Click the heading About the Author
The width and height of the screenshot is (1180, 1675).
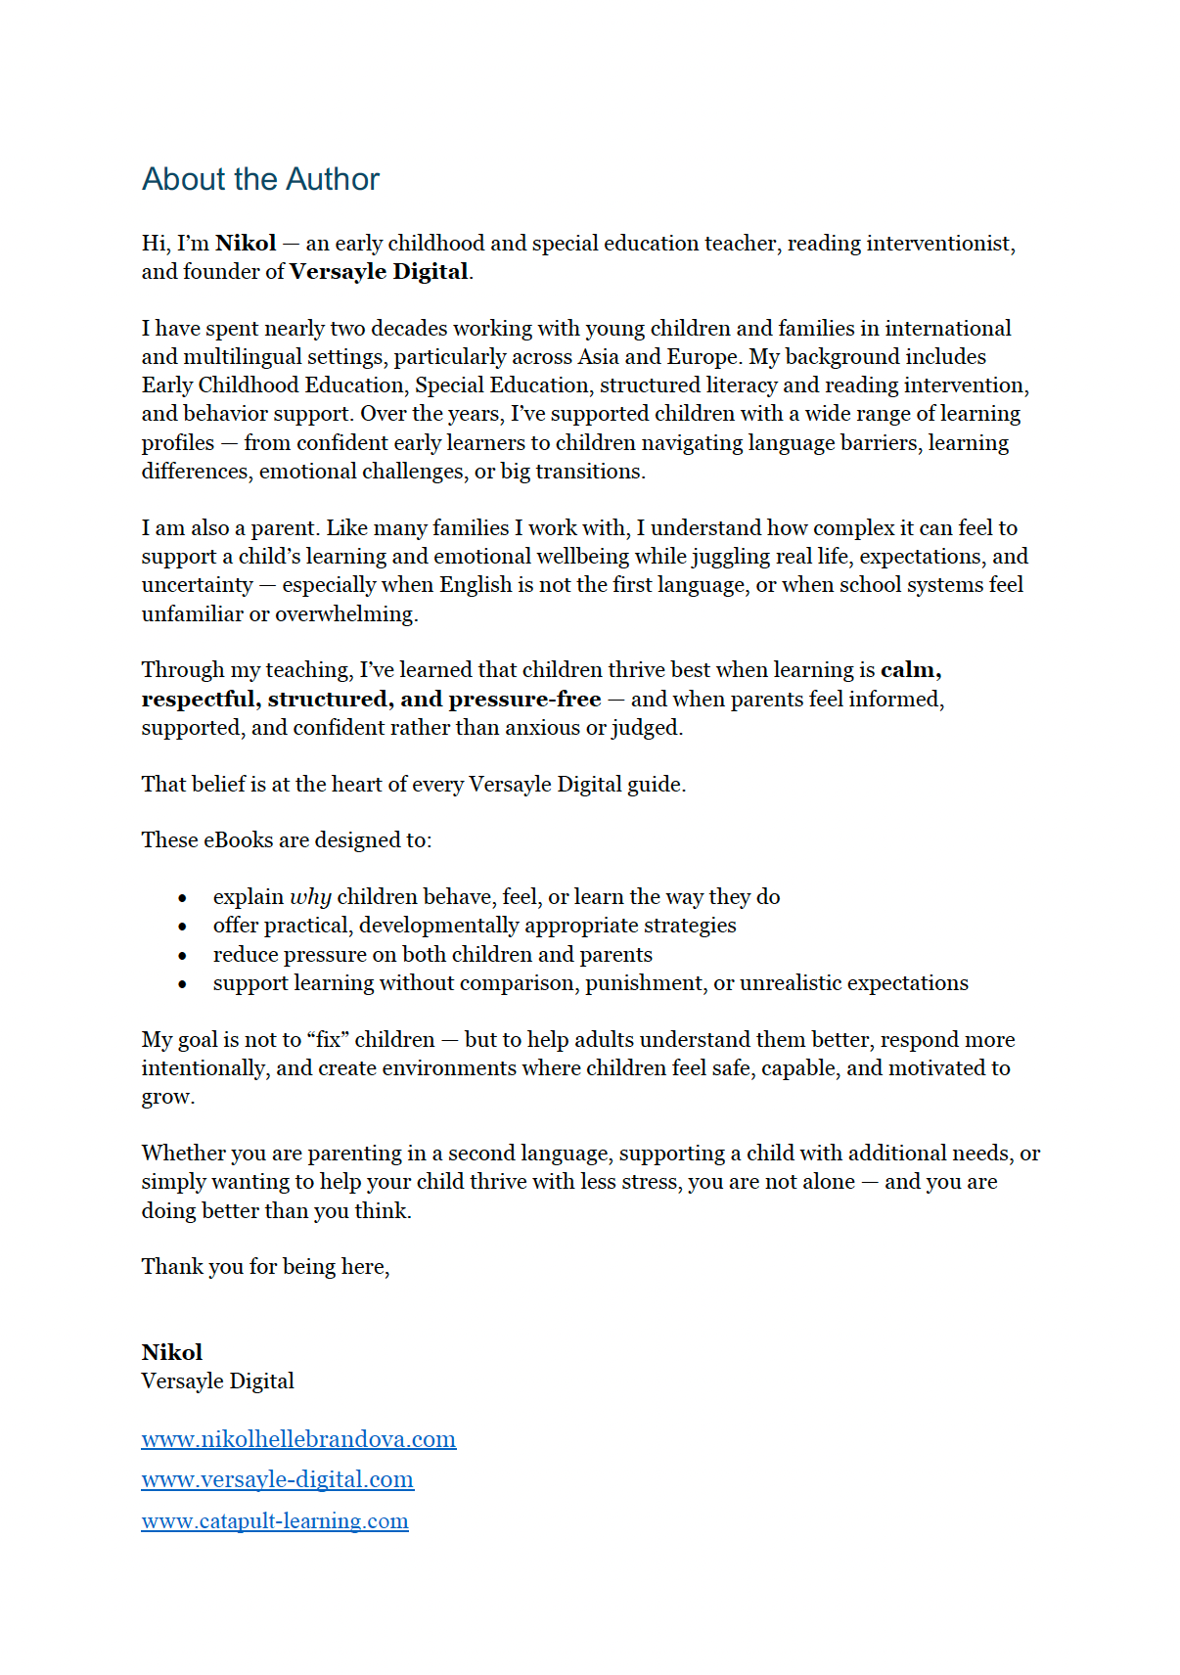point(260,179)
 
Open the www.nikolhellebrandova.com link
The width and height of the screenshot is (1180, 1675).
point(298,1439)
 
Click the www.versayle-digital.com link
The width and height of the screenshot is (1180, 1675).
point(277,1479)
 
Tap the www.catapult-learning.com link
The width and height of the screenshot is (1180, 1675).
point(275,1521)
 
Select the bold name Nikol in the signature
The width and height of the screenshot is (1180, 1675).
point(172,1352)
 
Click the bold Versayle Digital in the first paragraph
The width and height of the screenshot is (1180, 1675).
point(379,272)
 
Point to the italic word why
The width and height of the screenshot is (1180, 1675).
point(310,897)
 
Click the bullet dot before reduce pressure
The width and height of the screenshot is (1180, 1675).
point(183,955)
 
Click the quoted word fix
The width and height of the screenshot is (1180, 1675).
point(328,1040)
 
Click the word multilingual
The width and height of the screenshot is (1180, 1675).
point(257,357)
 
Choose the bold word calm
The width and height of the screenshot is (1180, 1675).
point(909,670)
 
